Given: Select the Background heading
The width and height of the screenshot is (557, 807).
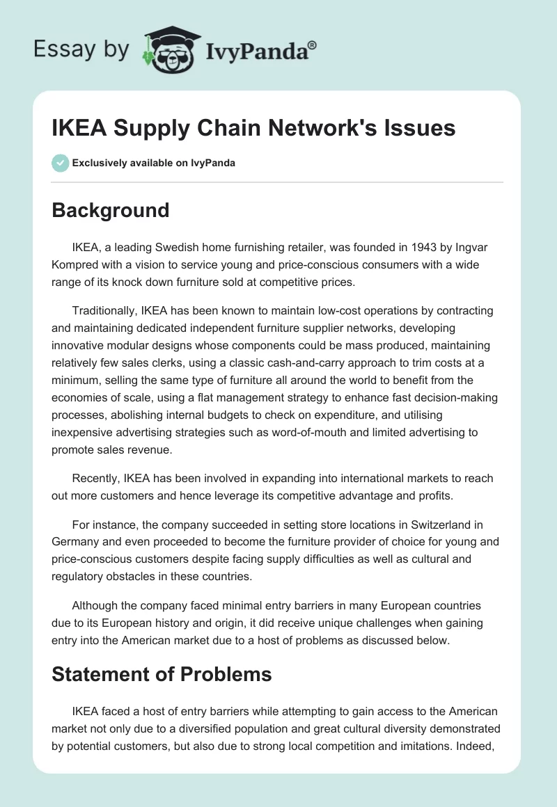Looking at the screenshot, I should coord(111,210).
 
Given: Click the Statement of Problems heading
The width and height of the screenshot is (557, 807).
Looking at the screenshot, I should coord(162,673).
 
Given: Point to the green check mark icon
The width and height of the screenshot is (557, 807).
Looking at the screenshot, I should coord(60,163).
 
